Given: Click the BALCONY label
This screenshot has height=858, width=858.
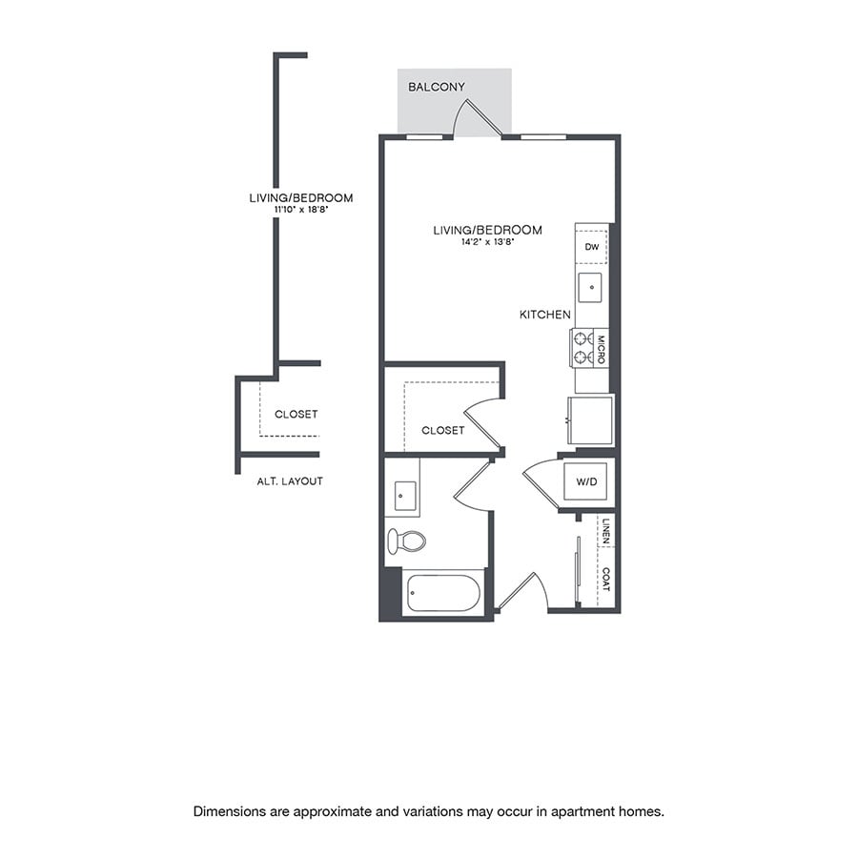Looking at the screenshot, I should (437, 87).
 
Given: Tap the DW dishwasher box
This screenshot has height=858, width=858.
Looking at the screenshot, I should (592, 247).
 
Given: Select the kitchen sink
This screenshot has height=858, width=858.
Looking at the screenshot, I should (591, 287).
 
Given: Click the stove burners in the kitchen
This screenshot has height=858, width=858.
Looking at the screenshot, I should (582, 347).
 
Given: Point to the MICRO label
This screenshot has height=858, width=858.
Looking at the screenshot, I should (601, 347).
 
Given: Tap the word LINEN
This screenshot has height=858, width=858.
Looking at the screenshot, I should (605, 532).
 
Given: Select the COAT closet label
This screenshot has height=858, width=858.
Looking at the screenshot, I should (605, 579).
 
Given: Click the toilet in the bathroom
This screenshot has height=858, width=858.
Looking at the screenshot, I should (406, 541).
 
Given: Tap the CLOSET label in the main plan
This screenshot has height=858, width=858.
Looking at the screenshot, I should (442, 431).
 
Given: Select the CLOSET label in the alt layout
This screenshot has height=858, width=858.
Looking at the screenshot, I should (296, 415).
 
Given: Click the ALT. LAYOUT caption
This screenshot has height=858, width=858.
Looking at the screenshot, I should (290, 481).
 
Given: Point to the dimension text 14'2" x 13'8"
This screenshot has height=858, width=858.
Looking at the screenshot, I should (487, 242).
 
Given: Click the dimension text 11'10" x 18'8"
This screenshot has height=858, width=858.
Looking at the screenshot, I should (300, 210).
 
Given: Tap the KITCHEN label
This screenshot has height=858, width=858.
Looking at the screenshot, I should (545, 315).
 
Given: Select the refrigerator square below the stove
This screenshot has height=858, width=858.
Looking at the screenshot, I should (591, 419).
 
